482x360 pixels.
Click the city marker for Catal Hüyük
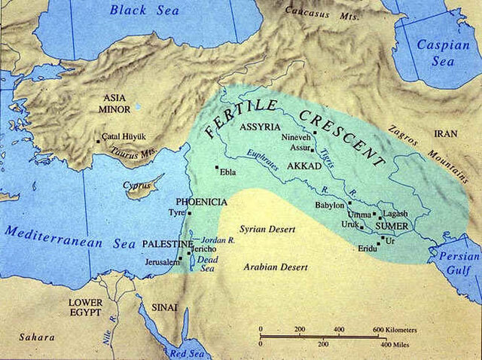click(x=97, y=140)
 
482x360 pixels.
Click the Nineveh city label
click(x=295, y=139)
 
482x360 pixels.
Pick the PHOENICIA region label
click(x=200, y=202)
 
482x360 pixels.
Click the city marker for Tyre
click(x=190, y=214)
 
